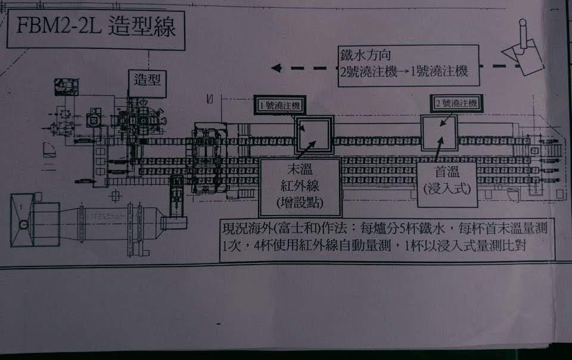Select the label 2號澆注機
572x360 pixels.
click(456, 104)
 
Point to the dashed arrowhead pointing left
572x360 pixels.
click(276, 67)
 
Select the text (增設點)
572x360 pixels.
click(300, 203)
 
